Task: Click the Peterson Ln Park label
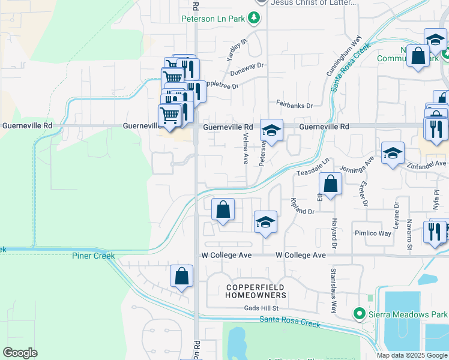tap(213, 19)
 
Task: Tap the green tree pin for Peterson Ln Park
tap(255, 18)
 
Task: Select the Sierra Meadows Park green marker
tap(360, 313)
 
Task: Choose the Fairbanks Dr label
tap(294, 105)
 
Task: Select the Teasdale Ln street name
tap(313, 168)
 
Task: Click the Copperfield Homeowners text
tap(256, 292)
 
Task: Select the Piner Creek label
tap(93, 256)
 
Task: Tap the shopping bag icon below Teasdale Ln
tap(330, 184)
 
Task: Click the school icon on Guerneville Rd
tap(271, 131)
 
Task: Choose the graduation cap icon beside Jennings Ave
tap(393, 153)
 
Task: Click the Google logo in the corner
tap(20, 353)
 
